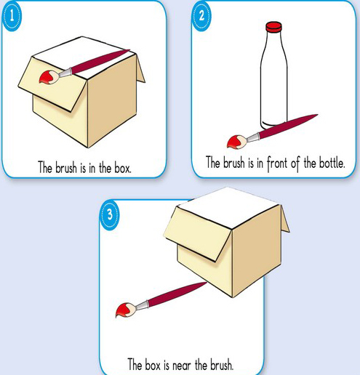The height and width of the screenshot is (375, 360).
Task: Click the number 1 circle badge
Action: [12, 16]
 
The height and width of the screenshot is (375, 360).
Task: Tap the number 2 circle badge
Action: [201, 16]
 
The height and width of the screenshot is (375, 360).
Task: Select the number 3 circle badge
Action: [110, 215]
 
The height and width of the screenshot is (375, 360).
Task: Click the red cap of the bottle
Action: [273, 27]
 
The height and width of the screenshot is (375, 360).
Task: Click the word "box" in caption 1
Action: [123, 167]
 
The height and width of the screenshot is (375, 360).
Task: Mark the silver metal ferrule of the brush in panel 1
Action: [65, 73]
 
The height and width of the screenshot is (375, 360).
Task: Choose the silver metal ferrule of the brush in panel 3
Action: [142, 305]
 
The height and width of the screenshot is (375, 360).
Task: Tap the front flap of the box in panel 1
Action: [52, 85]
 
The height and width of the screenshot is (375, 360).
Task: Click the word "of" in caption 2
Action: [295, 164]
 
